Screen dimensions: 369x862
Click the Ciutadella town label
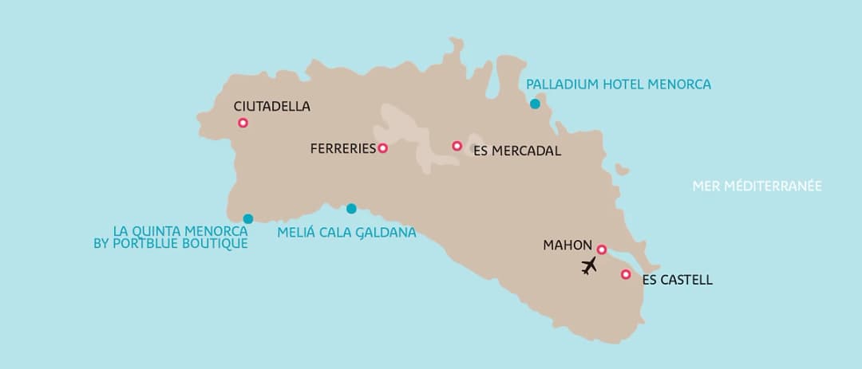(x=271, y=106)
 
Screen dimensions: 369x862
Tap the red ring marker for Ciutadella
(x=243, y=123)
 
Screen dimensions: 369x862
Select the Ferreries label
(x=342, y=148)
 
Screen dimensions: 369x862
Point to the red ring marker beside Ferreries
(x=382, y=147)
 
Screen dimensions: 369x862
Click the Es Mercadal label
(x=516, y=151)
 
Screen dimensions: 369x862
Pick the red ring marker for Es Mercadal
(x=457, y=146)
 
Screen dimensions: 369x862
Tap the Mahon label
(x=567, y=245)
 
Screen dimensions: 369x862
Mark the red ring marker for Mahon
(x=602, y=249)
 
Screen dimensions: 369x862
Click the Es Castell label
(x=677, y=281)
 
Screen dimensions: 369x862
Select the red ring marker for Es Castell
(x=626, y=274)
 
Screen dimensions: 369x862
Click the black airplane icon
(x=589, y=265)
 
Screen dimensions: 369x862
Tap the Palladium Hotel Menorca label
(x=618, y=84)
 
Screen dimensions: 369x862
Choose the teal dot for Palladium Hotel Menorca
(x=535, y=104)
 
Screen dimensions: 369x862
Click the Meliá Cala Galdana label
(x=346, y=233)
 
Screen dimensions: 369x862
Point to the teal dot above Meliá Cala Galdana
(x=351, y=209)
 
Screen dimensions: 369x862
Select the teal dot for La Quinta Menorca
(x=248, y=218)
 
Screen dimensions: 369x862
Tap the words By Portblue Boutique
(x=171, y=243)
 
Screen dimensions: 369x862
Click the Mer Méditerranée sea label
(x=757, y=186)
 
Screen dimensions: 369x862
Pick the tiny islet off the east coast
(x=623, y=169)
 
